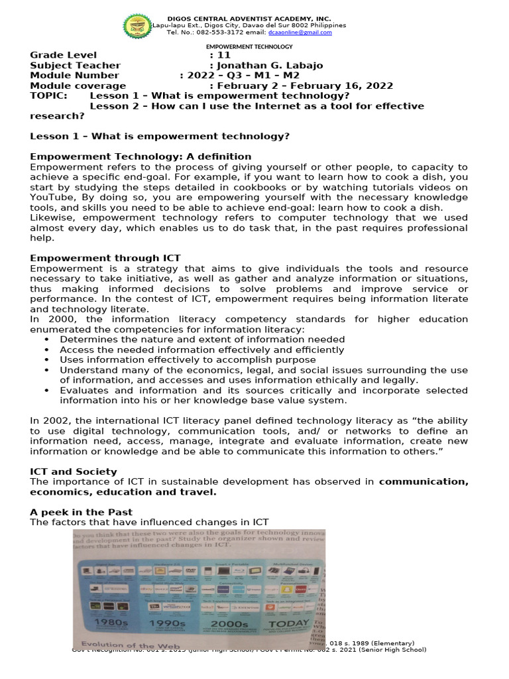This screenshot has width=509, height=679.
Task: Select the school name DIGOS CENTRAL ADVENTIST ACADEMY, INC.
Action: point(249,19)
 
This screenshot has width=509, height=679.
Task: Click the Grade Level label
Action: point(64,55)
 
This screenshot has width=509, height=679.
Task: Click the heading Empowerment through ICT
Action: point(105,258)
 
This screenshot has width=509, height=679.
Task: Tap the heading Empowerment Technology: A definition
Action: point(141,156)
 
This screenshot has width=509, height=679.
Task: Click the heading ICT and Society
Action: point(74,471)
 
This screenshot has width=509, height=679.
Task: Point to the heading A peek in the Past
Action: point(82,513)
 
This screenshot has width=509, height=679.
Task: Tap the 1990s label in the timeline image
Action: point(169,623)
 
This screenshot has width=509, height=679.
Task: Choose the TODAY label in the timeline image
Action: point(291,623)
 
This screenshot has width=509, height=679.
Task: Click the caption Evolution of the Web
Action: point(127,645)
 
